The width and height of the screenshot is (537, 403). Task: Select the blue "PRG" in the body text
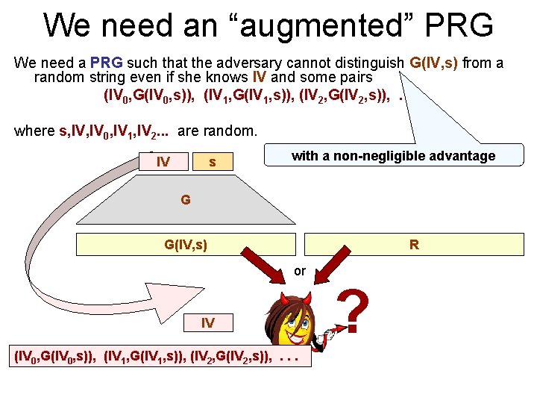pyautogui.click(x=107, y=63)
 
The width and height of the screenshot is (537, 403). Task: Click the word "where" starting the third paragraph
pyautogui.click(x=34, y=131)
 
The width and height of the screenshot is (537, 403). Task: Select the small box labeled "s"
pyautogui.click(x=213, y=161)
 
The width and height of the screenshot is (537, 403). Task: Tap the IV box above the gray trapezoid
pyautogui.click(x=163, y=161)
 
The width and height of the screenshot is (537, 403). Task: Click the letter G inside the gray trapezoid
pyautogui.click(x=185, y=200)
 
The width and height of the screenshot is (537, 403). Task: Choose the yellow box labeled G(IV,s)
pyautogui.click(x=186, y=244)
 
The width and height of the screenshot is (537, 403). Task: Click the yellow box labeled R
pyautogui.click(x=413, y=244)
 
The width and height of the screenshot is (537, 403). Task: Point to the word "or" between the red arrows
pyautogui.click(x=300, y=271)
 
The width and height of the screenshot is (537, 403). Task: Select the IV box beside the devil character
pyautogui.click(x=208, y=323)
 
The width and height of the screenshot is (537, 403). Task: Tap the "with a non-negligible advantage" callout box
pyautogui.click(x=393, y=156)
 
